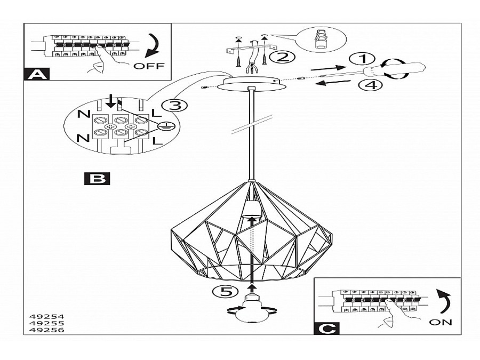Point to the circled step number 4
click(371, 84)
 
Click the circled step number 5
click(222, 291)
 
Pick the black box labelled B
click(97, 179)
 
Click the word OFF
click(149, 66)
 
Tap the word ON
click(440, 322)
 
